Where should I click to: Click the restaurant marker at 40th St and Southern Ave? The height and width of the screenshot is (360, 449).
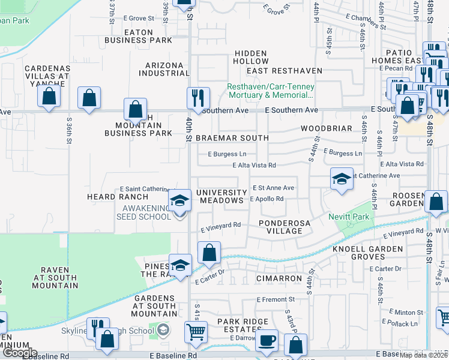coord(197,97)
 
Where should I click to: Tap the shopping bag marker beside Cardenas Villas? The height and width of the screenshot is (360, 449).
coord(49,95)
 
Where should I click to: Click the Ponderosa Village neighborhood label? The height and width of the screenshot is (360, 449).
coord(284,227)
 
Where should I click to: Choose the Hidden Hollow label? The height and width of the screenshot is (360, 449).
coord(251,57)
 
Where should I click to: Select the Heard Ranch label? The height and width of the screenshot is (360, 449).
coord(117,197)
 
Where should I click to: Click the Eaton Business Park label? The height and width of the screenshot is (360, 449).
coord(138,36)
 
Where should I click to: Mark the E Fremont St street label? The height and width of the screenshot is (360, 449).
coord(276,299)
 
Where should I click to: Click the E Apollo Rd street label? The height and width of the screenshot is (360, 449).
coord(266,199)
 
